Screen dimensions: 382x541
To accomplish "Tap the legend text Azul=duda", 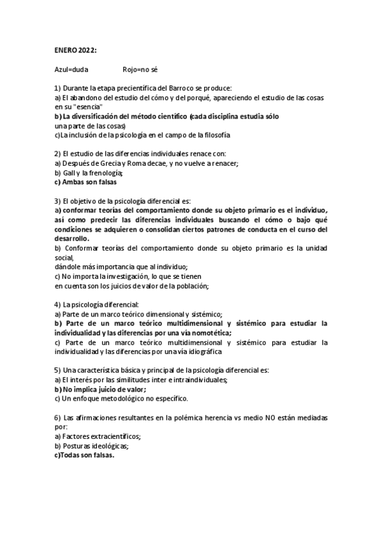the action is pyautogui.click(x=71, y=68).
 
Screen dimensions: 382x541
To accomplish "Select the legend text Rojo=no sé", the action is pyautogui.click(x=140, y=68).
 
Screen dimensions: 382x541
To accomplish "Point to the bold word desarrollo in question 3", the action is pyautogui.click(x=71, y=238).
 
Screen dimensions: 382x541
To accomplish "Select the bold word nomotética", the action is pyautogui.click(x=209, y=332).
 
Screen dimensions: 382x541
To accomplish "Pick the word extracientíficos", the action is pyautogui.click(x=108, y=436).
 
